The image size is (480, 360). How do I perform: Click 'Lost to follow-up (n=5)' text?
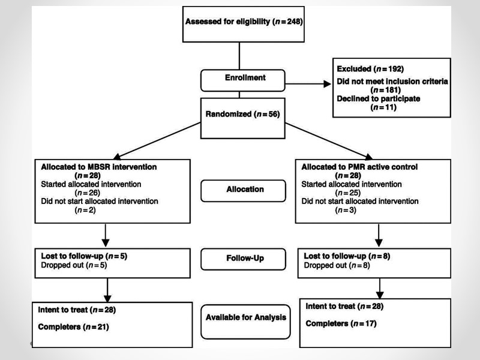(84, 256)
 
